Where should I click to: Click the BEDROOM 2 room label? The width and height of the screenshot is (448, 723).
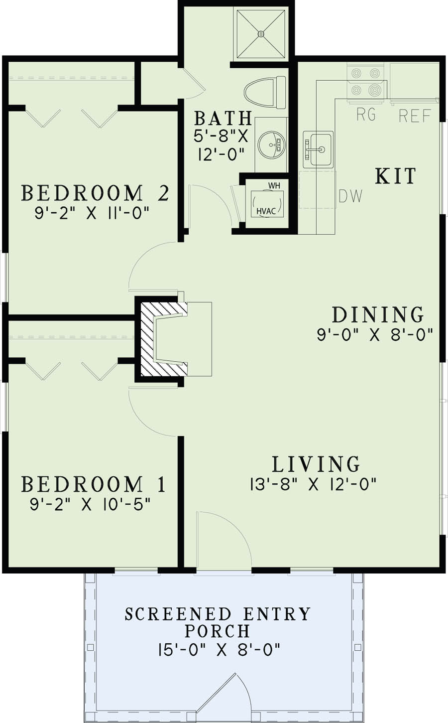96,193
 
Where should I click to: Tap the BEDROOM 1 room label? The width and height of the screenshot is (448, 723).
94,484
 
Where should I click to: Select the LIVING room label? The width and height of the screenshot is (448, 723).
316,464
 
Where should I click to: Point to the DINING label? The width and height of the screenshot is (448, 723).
378,315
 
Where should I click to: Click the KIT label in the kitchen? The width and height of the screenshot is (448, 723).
395,176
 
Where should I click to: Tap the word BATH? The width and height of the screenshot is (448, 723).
223,119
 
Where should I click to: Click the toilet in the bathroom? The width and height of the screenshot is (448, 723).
264,92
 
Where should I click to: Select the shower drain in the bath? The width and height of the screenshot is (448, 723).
260,33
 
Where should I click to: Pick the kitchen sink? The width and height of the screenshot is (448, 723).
319,149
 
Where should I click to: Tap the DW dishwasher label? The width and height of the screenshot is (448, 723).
350,196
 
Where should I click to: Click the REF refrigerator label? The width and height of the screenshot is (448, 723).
415,117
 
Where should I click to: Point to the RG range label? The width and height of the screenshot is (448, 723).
366,115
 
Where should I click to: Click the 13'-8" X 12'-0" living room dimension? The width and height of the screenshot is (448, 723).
313,484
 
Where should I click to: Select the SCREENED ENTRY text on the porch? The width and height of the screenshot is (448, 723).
218,614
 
